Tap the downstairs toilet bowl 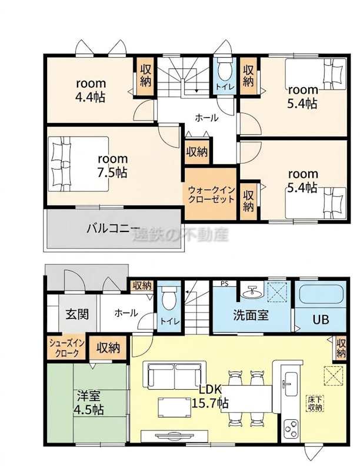[x=169, y=297]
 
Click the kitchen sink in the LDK [x=291, y=384]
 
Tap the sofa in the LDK [x=175, y=374]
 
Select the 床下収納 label [x=315, y=403]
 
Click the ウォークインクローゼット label [x=211, y=195]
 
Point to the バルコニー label [x=114, y=229]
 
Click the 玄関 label [x=77, y=314]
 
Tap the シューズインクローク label [x=67, y=348]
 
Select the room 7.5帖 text [x=112, y=166]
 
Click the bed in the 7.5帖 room [x=78, y=164]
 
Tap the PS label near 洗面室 [x=224, y=283]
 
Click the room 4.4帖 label [x=91, y=90]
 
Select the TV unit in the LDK [x=174, y=435]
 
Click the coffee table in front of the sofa [x=174, y=407]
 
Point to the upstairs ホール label [x=206, y=118]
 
